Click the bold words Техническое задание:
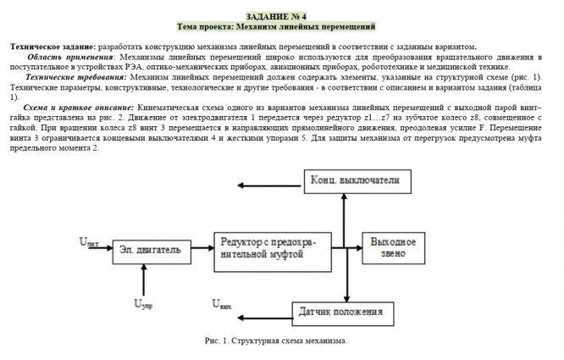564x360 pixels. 53,46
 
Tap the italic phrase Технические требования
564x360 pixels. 69,77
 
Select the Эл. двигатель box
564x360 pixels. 149,251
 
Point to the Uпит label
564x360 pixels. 90,243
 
